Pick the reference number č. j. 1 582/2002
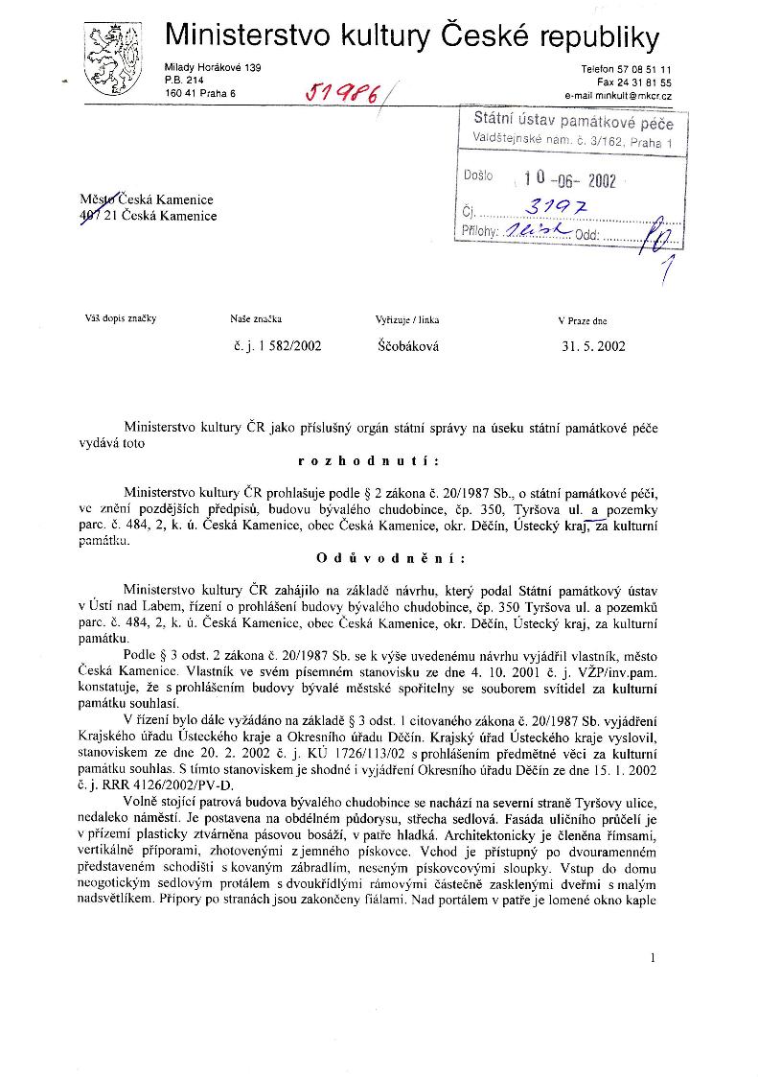(277, 346)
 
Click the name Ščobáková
(407, 346)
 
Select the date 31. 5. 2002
(593, 346)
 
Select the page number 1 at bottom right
(652, 957)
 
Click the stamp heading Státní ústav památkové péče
(573, 123)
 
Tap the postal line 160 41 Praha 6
(199, 93)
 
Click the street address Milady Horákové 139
(213, 67)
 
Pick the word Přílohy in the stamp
(479, 231)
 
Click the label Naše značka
(256, 319)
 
